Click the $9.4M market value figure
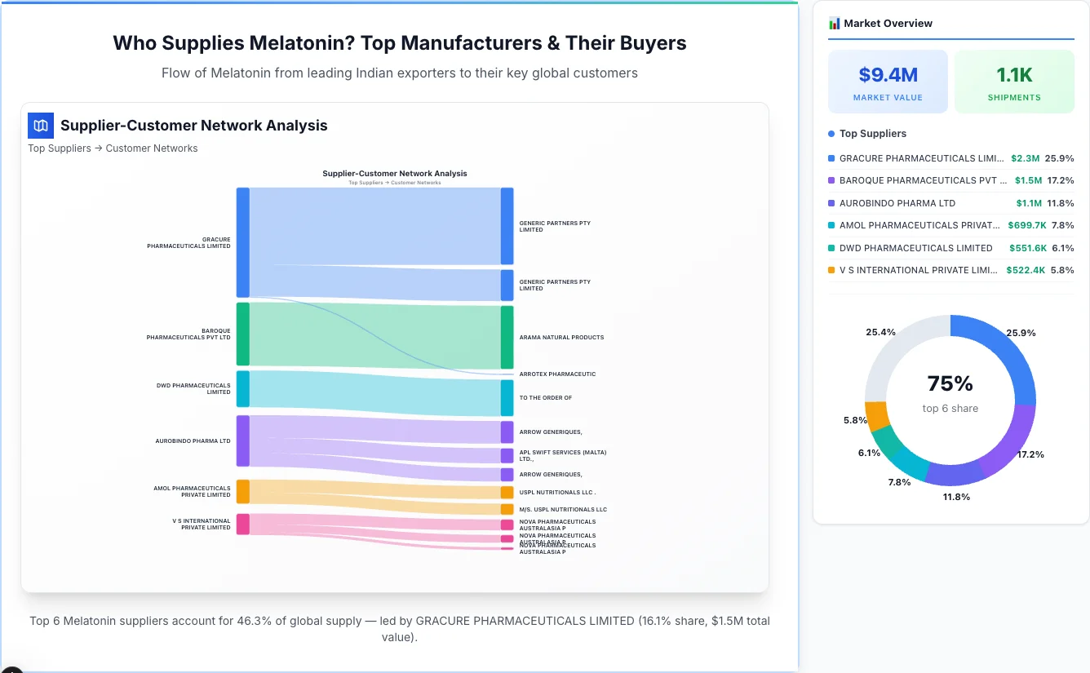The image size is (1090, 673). click(x=888, y=75)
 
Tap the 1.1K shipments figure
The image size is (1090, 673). click(x=1014, y=75)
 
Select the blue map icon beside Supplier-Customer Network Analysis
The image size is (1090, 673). click(x=40, y=126)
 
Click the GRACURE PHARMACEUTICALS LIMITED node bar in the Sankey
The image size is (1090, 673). click(x=242, y=242)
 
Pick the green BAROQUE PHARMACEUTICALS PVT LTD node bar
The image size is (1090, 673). click(x=242, y=334)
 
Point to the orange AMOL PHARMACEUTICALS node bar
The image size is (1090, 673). click(x=242, y=491)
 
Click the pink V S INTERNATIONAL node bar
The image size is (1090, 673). click(x=242, y=524)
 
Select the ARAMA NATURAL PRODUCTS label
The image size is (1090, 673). click(x=561, y=337)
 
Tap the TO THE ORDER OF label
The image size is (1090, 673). click(x=545, y=398)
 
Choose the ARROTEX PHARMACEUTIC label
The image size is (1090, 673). click(x=557, y=374)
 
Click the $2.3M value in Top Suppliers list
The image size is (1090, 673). click(x=1025, y=158)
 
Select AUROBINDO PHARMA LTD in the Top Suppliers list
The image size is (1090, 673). click(x=897, y=203)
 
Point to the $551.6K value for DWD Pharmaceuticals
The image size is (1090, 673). click(x=1027, y=248)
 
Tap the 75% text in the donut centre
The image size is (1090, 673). click(x=950, y=383)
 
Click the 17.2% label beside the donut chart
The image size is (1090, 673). click(x=1030, y=454)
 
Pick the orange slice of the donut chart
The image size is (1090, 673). click(x=876, y=416)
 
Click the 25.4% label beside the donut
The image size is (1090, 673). click(x=880, y=332)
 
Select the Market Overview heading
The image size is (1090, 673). click(x=887, y=24)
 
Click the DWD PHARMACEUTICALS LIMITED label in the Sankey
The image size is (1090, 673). click(x=193, y=388)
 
